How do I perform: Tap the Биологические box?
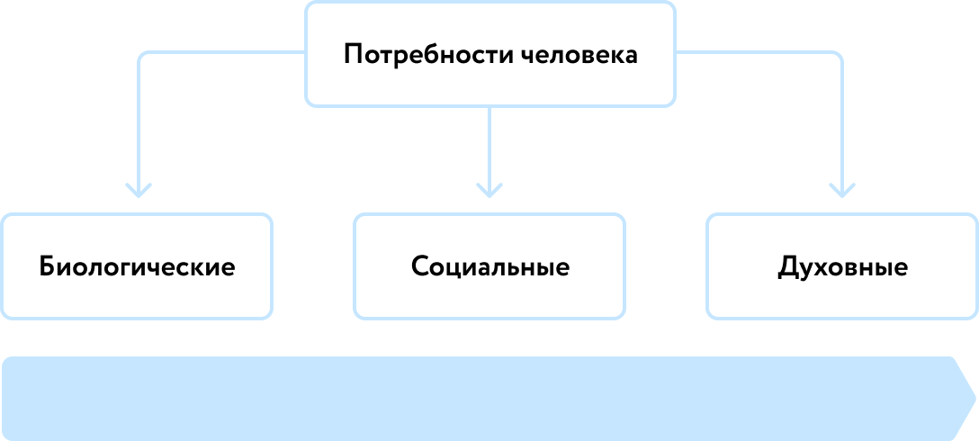point(137,266)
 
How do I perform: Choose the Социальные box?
point(489,266)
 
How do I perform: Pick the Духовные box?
point(842,266)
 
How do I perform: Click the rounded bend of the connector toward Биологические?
point(142,58)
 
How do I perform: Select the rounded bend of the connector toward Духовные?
point(837,58)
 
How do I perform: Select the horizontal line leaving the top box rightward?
point(756,53)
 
